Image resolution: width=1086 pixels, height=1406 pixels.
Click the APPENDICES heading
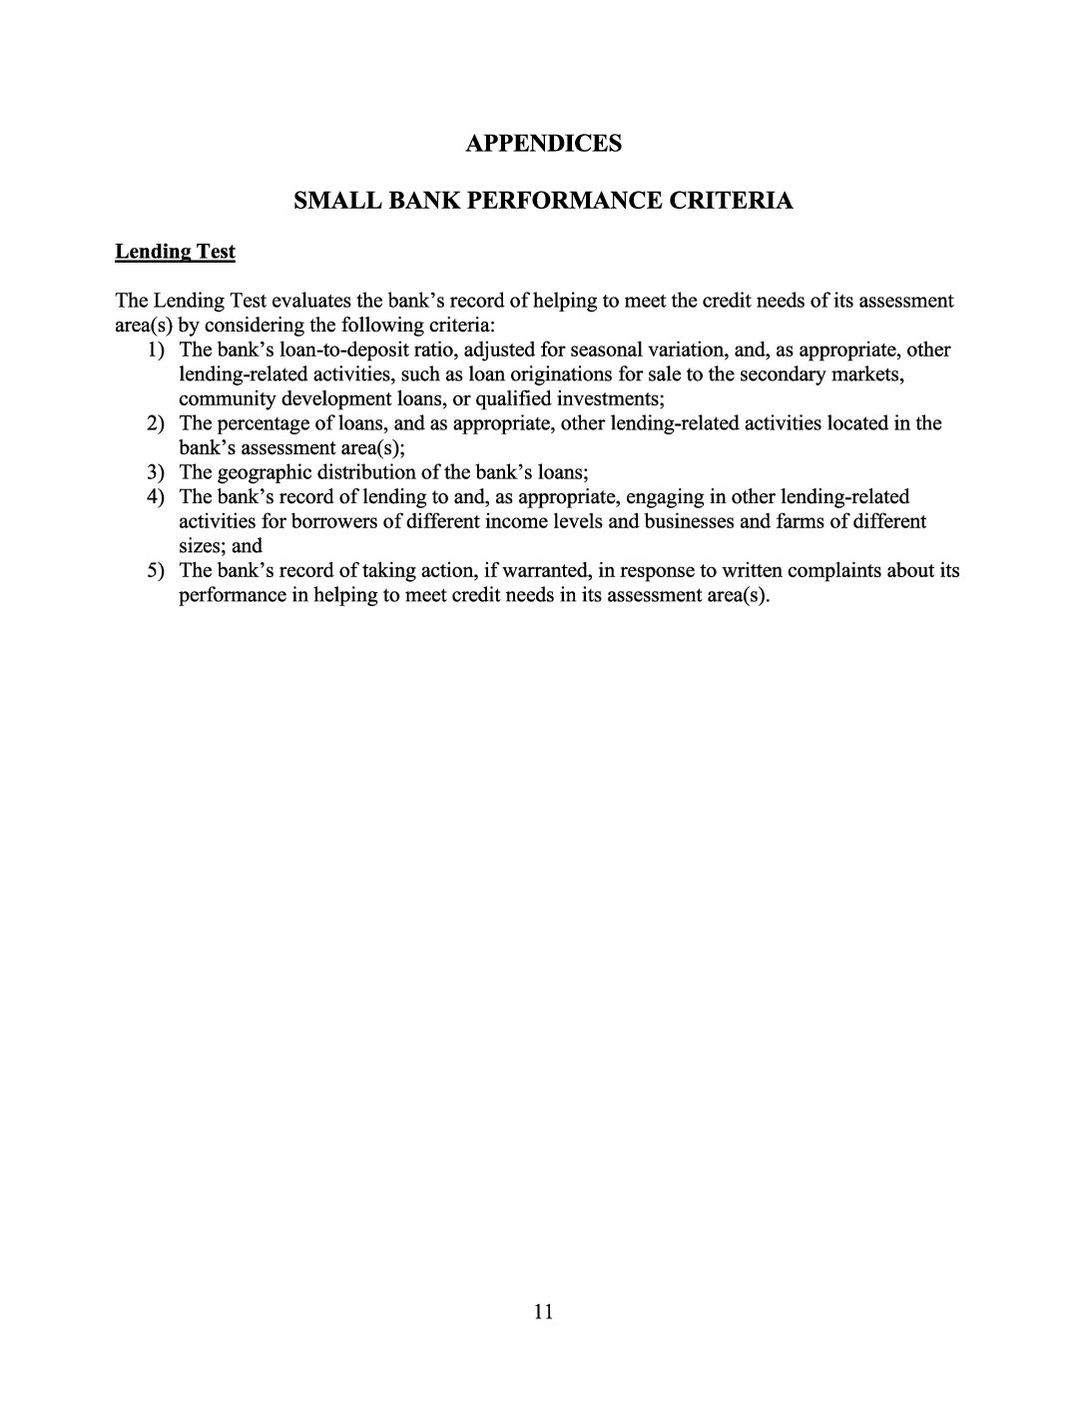(543, 144)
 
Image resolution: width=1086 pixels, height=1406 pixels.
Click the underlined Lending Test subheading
(175, 252)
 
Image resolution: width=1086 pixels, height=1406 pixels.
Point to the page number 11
(543, 1311)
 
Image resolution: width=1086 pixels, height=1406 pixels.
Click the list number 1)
(155, 350)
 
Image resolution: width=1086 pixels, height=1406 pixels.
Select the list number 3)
(155, 472)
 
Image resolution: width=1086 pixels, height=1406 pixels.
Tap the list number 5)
(155, 571)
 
